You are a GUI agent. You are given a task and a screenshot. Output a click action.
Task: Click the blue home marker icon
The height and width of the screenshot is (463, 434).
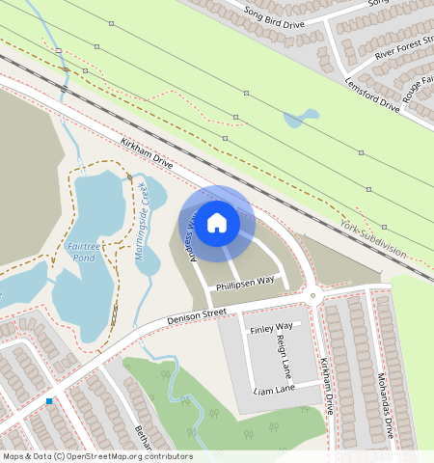[x=217, y=223]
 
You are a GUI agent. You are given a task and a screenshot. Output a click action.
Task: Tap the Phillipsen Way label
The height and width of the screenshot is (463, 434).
[x=245, y=281]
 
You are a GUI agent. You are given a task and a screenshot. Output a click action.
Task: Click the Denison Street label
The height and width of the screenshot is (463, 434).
[x=196, y=313]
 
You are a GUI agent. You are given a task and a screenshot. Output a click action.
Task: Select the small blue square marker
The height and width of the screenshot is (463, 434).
[x=49, y=400]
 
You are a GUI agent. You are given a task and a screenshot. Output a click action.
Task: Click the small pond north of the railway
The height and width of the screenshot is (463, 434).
[x=299, y=119]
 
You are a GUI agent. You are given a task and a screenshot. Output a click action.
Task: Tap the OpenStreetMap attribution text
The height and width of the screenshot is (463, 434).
[x=97, y=456]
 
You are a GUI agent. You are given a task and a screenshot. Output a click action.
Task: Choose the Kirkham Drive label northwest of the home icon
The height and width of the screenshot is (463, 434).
[x=147, y=152]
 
